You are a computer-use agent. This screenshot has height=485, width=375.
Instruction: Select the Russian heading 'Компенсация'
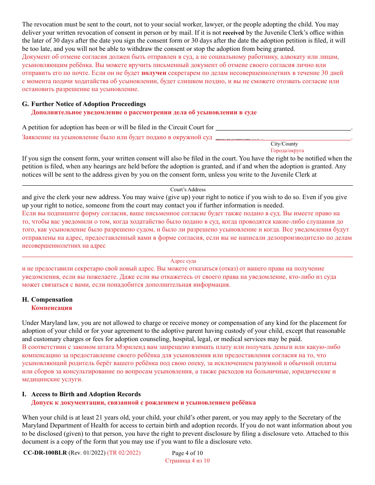(52, 308)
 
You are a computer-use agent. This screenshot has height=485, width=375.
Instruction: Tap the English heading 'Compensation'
(52, 300)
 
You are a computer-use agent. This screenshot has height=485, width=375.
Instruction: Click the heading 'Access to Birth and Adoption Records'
(86, 394)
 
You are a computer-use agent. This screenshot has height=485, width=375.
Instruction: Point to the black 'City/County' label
(284, 144)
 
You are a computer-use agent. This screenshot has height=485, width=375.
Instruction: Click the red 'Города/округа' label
(287, 151)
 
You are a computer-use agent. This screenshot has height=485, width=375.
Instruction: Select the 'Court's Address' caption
(188, 190)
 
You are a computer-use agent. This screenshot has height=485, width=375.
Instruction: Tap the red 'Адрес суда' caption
(183, 261)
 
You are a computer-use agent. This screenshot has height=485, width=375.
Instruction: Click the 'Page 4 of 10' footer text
(187, 453)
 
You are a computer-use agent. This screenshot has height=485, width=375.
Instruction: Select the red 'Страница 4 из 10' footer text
(187, 461)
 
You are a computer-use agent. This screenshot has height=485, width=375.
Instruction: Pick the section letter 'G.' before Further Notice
(25, 104)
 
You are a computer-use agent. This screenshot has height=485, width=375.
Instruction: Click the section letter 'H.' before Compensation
(25, 300)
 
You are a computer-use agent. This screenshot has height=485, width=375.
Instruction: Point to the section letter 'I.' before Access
(24, 394)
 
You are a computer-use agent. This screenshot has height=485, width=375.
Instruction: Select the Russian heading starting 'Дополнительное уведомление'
(144, 112)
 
